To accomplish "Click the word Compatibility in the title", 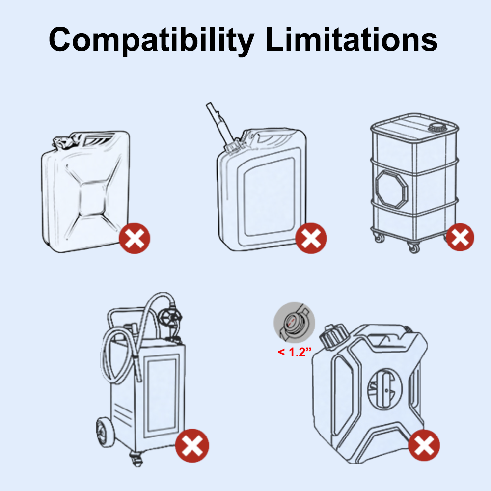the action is point(151,40).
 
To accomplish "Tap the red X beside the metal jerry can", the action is point(135,238).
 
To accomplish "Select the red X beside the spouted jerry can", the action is point(311,238).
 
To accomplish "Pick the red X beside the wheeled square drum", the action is point(460,237).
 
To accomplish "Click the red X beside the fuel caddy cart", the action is point(192,446).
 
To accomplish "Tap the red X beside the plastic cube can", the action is point(424,445).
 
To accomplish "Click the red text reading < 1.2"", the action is point(295,352).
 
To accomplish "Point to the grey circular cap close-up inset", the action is point(294,323).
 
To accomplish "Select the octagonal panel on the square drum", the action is point(391,190).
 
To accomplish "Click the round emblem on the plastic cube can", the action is point(385,388).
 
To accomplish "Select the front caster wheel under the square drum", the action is point(414,247).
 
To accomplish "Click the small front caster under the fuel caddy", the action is point(136,460).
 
